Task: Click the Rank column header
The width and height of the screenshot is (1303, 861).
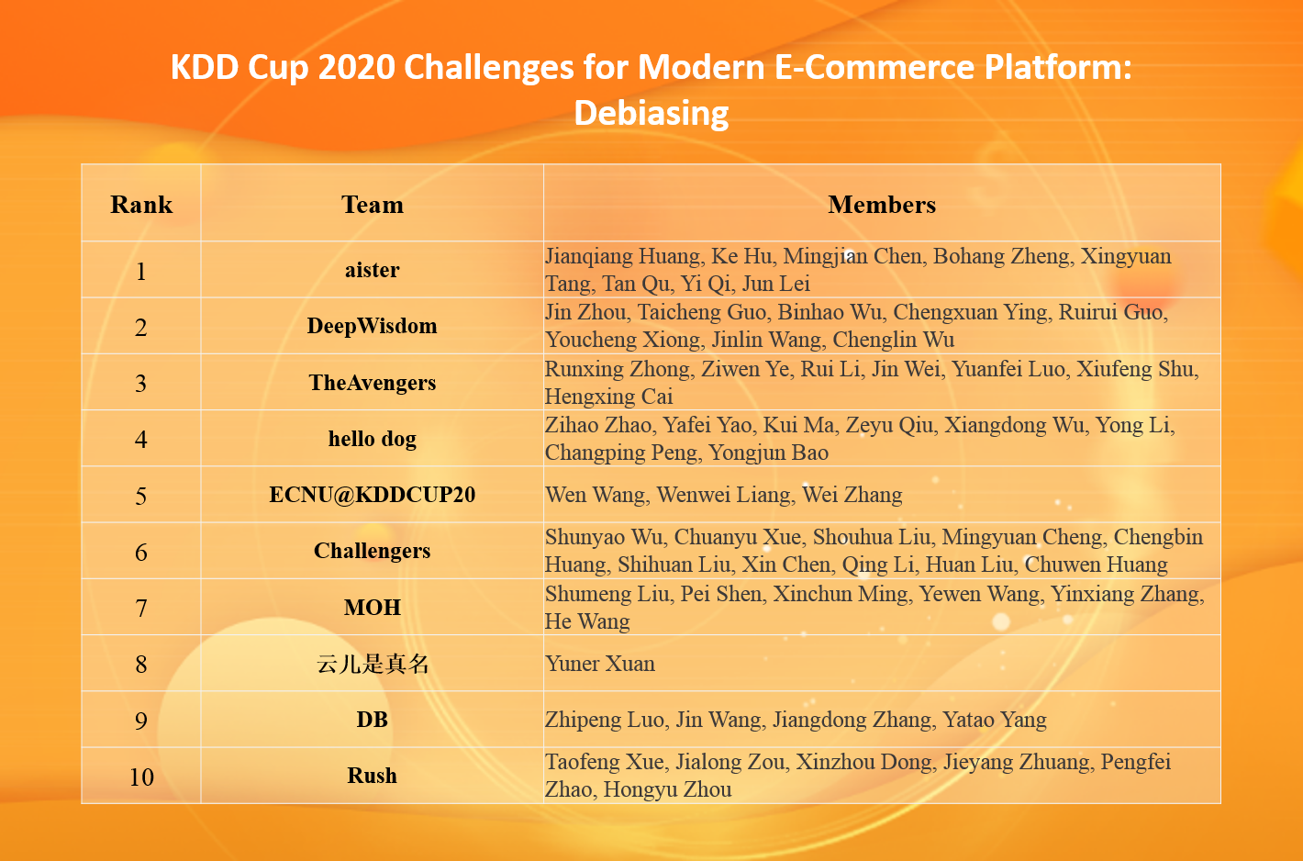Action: pos(141,205)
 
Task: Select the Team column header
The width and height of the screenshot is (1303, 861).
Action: pos(372,205)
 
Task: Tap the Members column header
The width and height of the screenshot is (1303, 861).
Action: pos(881,205)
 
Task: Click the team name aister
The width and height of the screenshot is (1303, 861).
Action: pos(372,270)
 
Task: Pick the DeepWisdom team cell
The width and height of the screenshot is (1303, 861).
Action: pos(372,326)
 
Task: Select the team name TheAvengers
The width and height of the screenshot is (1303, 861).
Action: pos(372,383)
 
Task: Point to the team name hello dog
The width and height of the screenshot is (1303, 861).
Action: pos(372,439)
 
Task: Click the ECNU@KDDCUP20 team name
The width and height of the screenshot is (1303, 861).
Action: pos(372,495)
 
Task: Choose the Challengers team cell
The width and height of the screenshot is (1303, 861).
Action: pos(372,551)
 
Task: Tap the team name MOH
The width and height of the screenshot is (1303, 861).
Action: pos(372,608)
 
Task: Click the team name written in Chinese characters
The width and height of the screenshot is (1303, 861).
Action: pos(372,664)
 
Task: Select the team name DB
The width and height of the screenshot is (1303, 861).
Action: pos(372,720)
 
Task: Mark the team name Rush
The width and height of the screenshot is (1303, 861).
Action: pos(372,776)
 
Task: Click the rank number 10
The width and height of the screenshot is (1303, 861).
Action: pos(141,777)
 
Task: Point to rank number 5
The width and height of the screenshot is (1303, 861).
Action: pos(141,497)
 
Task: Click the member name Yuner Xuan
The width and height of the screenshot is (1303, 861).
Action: pos(600,664)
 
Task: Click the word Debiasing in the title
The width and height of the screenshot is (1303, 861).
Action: pos(651,113)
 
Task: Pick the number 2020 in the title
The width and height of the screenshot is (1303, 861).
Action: pos(352,68)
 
